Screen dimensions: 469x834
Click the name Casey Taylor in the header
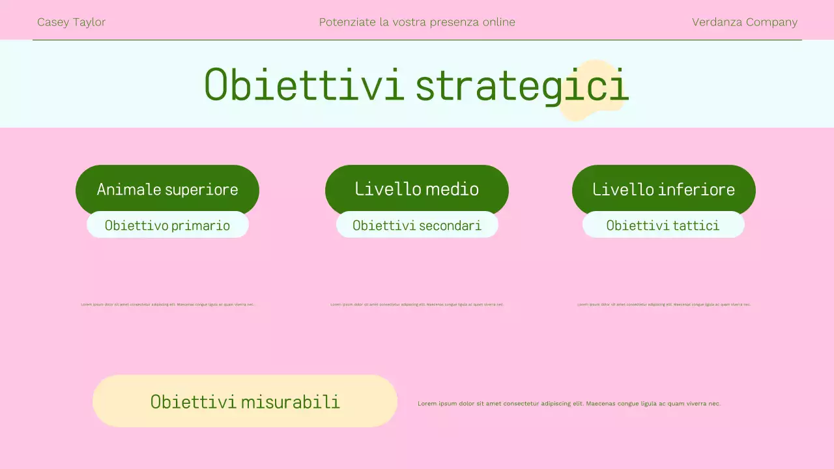(x=71, y=22)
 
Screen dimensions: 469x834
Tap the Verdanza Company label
(x=744, y=22)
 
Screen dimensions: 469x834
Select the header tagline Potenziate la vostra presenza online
(x=417, y=22)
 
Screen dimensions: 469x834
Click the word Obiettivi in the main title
(x=304, y=85)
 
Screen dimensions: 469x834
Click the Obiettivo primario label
(x=167, y=225)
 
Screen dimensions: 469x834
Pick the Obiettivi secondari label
(x=417, y=225)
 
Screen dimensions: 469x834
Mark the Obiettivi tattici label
(x=663, y=225)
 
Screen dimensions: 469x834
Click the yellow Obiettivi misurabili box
(x=245, y=401)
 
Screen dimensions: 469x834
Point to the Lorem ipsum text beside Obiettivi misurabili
(x=569, y=404)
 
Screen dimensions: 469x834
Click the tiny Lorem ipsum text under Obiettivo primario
(x=167, y=304)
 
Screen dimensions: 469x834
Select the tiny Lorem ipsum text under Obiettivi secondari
(x=417, y=304)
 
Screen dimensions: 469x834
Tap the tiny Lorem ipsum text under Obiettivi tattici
(x=664, y=304)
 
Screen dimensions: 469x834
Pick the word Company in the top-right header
(x=771, y=22)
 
